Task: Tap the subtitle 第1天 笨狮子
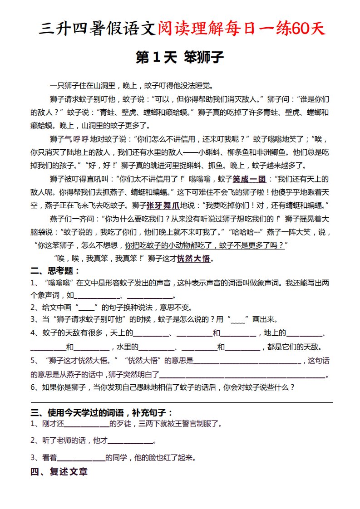click(180, 58)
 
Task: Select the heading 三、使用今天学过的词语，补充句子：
click(102, 412)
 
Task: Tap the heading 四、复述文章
click(59, 472)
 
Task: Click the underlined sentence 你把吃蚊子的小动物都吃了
click(171, 245)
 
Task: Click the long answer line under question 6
click(182, 402)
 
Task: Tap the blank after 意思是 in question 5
click(247, 361)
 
